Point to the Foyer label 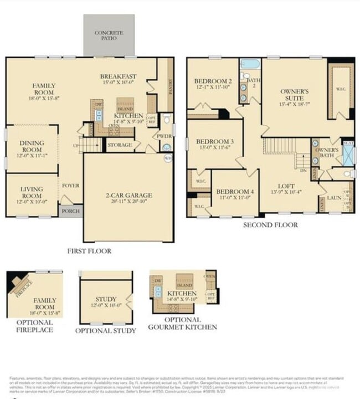pos(70,186)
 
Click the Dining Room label pos(32,146)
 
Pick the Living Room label pos(32,192)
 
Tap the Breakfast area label pos(118,76)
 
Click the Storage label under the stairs pos(120,145)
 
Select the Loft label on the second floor pos(286,187)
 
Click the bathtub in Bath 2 pos(250,64)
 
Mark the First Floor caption pos(89,251)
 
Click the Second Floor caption pos(270,225)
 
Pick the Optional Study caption pos(106,331)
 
